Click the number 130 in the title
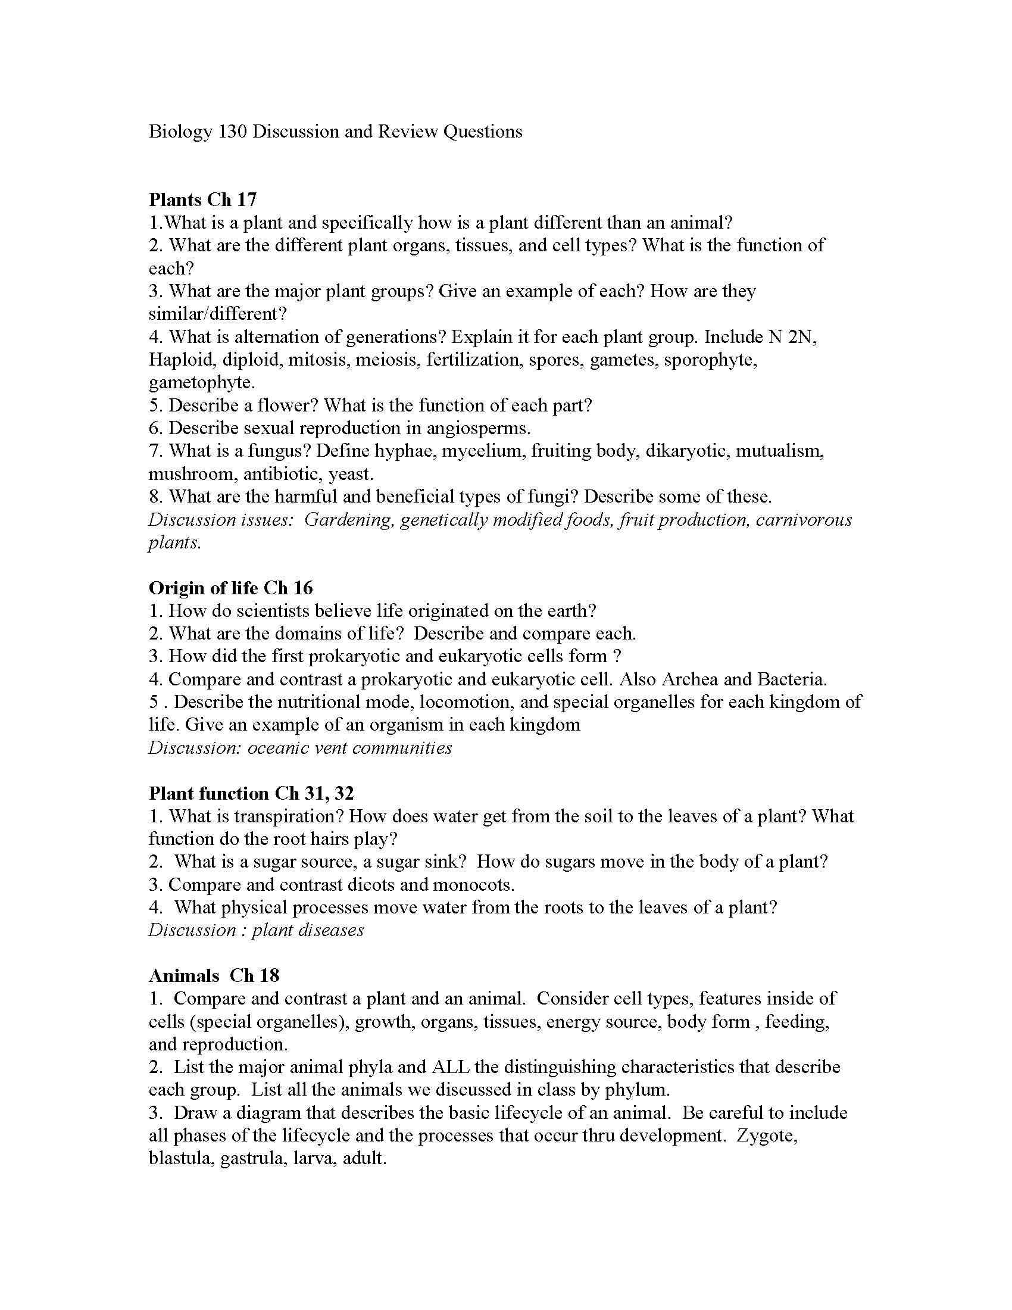click(x=232, y=132)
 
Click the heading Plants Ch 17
click(x=202, y=199)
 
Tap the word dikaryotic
click(x=687, y=451)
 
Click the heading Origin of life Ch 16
click(x=231, y=587)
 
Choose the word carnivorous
click(x=804, y=519)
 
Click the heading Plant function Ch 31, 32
click(x=251, y=793)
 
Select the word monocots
click(x=473, y=884)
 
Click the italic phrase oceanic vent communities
click(x=349, y=748)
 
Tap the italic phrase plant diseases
click(x=308, y=930)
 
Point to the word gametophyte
click(x=201, y=382)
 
